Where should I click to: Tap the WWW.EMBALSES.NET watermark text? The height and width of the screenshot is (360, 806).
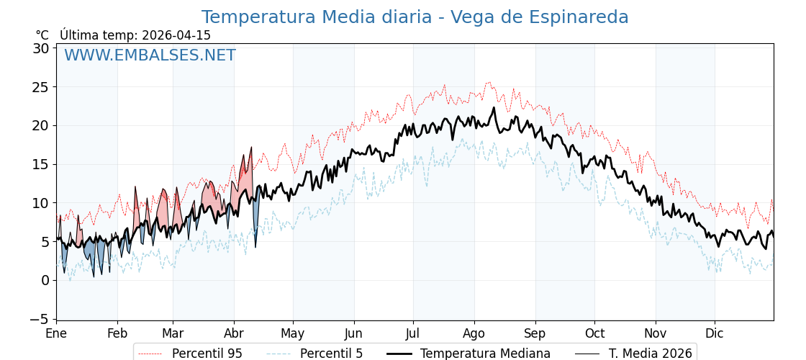click(150, 55)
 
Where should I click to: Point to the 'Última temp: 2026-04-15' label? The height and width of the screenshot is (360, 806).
click(135, 35)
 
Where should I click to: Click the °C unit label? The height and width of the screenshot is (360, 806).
click(42, 35)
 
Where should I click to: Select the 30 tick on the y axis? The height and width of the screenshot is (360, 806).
click(41, 49)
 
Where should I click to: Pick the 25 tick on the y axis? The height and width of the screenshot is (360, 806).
click(41, 87)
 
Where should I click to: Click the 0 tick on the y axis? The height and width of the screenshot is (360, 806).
click(45, 280)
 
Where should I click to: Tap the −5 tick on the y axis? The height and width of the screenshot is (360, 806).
click(41, 318)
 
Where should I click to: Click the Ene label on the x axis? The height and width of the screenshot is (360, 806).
click(56, 334)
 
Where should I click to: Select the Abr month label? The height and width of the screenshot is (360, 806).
click(234, 334)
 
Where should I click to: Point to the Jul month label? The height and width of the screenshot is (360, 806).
click(413, 334)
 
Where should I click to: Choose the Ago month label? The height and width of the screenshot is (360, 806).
click(474, 334)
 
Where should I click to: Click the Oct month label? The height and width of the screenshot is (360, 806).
click(594, 334)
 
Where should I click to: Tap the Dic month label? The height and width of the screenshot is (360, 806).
click(715, 334)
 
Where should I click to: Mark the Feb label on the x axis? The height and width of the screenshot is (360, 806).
click(117, 334)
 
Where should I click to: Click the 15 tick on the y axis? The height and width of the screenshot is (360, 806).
click(41, 164)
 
